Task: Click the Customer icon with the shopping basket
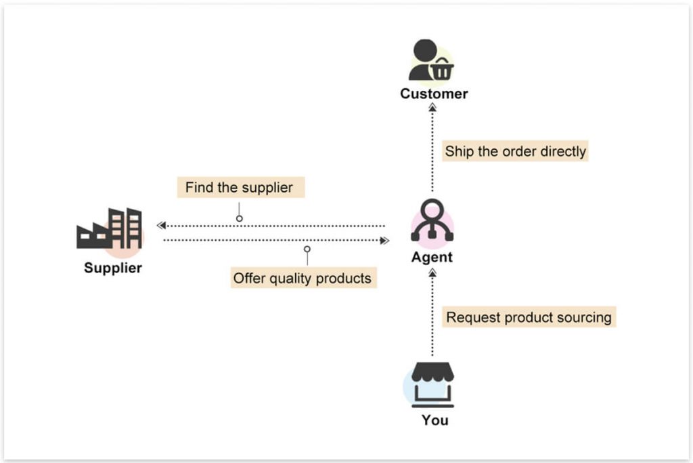coord(430,61)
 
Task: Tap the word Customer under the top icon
coord(434,94)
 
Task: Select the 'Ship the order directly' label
coord(515,151)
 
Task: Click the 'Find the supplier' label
coord(239,188)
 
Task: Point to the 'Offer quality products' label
coord(302,278)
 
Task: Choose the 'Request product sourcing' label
coord(529,317)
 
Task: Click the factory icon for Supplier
coord(110,229)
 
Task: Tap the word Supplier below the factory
coord(113,268)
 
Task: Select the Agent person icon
coord(432,222)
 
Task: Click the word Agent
coord(432,258)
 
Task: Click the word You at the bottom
coord(434,420)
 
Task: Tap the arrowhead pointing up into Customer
coord(433,106)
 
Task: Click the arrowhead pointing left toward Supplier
coord(160,225)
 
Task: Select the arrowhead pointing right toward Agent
coord(385,240)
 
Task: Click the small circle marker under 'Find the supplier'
coord(239,218)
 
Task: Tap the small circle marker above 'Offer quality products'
coord(307,249)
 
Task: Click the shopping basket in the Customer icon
coord(442,70)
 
